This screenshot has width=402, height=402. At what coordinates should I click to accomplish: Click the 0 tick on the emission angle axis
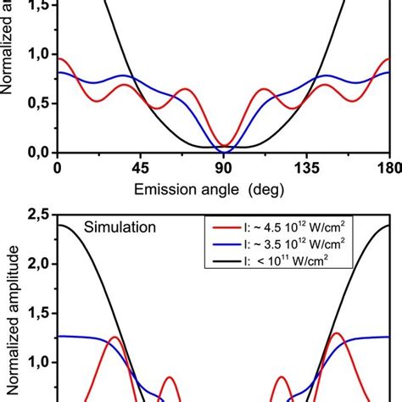tap(57, 168)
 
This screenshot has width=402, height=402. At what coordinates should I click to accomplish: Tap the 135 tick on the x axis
tap(310, 168)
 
